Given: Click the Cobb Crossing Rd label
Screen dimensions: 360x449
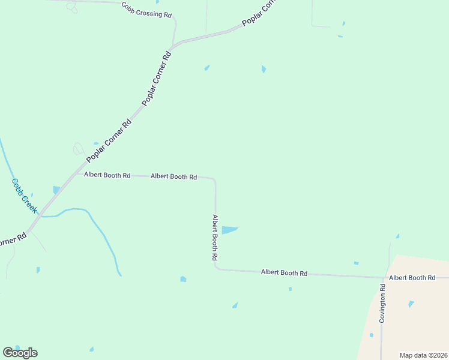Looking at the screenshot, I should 146,9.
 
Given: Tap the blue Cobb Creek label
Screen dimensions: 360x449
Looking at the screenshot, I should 25,196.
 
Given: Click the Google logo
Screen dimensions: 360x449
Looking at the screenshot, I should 20,353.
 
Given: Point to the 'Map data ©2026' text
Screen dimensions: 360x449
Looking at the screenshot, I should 423,355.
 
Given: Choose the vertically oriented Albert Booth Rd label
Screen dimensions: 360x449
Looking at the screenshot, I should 214,237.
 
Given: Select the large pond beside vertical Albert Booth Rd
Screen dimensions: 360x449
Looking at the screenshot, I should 229,230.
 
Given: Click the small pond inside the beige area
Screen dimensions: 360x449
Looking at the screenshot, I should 411,304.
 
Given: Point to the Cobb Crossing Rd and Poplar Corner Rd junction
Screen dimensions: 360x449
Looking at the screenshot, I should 173,45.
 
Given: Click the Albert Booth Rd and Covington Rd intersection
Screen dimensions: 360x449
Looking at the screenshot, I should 382,278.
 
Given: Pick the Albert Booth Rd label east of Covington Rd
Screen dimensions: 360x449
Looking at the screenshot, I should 412,278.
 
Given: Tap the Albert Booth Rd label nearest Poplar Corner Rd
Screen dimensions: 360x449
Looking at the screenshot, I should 107,175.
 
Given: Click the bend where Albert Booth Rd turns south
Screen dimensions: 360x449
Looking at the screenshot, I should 214,179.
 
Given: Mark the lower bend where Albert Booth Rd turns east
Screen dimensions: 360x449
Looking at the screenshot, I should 216,268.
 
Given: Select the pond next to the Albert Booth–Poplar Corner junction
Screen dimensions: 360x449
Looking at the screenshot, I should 56,190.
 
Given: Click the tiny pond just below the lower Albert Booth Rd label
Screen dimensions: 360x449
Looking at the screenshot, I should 290,289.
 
